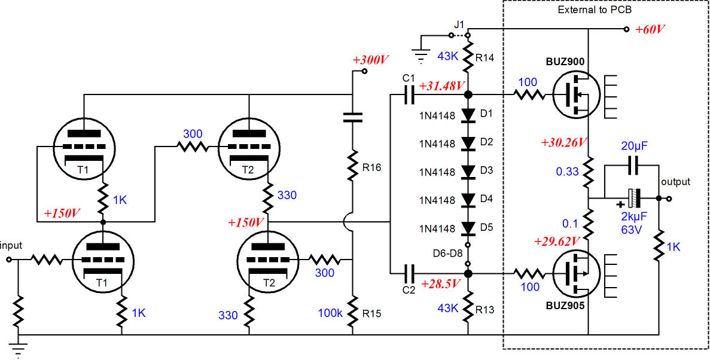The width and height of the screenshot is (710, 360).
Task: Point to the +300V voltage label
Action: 370,60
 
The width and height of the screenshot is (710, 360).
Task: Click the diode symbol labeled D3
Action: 468,171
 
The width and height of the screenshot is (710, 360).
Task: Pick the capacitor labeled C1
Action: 409,94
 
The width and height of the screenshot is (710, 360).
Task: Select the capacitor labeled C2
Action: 409,274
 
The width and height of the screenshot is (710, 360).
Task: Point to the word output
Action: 675,182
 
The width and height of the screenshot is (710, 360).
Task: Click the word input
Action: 11,246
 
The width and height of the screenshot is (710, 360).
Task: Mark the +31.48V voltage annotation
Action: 442,86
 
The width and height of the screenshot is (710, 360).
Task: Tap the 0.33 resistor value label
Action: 568,171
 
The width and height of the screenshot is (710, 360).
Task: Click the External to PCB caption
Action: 595,10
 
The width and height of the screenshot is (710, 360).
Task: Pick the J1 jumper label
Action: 460,25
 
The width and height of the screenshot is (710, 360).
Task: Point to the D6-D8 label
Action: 448,253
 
